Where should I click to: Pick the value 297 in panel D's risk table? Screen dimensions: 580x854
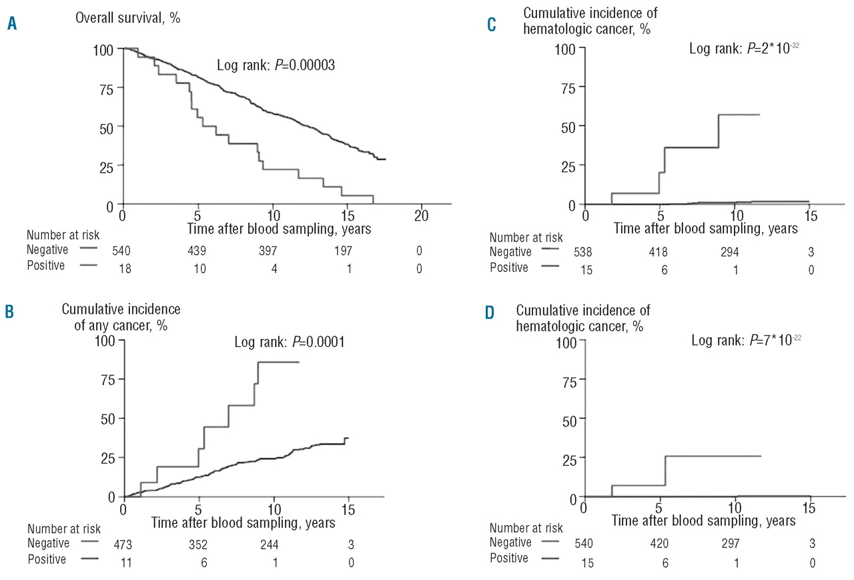735,545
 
